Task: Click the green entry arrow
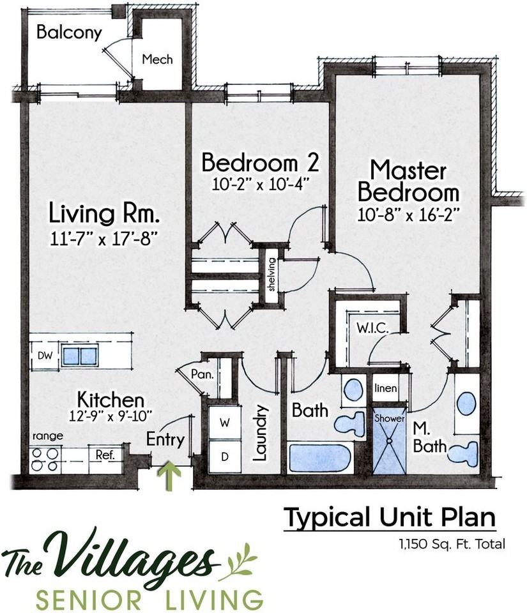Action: [x=169, y=476]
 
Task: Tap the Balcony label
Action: [x=69, y=32]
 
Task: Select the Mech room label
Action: [x=157, y=60]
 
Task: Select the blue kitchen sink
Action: [x=80, y=356]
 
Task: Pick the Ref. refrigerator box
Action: [x=105, y=455]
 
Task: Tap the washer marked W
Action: [x=224, y=423]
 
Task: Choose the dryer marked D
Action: [x=224, y=457]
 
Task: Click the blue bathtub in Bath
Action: [x=320, y=458]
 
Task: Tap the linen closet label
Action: [x=386, y=388]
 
